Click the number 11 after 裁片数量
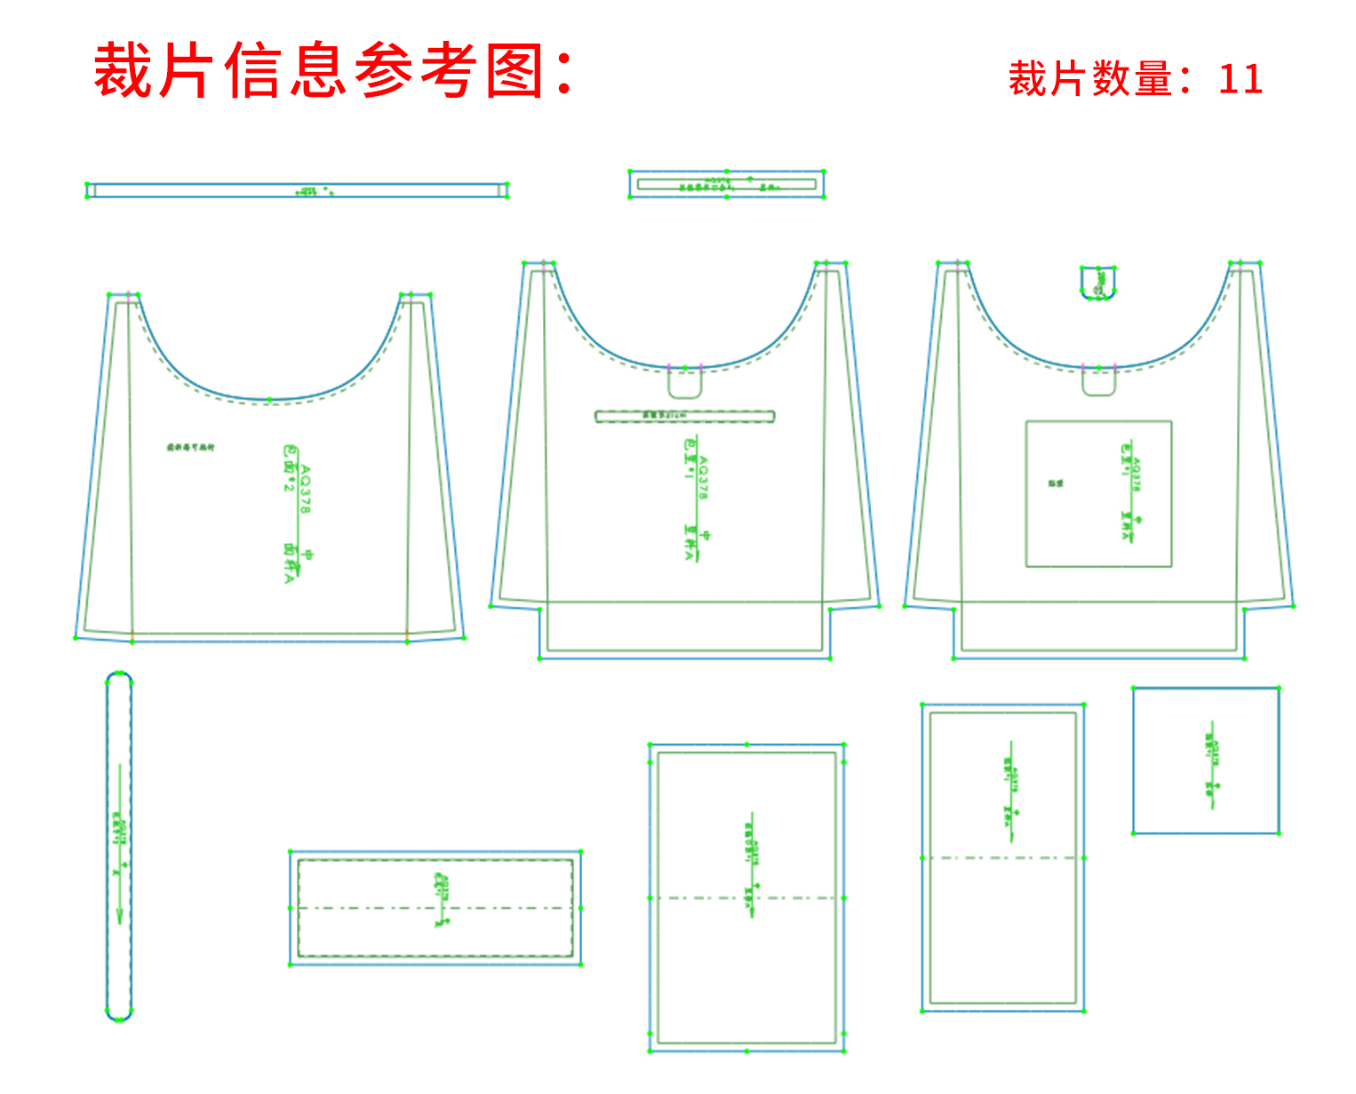click(1240, 79)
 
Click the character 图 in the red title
click(514, 71)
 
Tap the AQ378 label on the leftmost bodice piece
click(305, 489)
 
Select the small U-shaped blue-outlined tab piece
click(1098, 282)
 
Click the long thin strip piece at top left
click(297, 190)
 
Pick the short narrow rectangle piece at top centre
click(726, 184)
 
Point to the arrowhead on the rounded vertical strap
click(119, 914)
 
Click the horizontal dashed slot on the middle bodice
click(684, 416)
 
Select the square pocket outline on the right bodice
click(1098, 493)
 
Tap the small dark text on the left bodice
click(190, 448)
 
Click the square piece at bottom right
click(1206, 761)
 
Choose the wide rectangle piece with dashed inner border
click(435, 907)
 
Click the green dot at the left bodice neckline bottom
click(269, 401)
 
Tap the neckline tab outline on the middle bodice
click(685, 383)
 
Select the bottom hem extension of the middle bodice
click(684, 629)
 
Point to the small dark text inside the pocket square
click(1056, 483)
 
